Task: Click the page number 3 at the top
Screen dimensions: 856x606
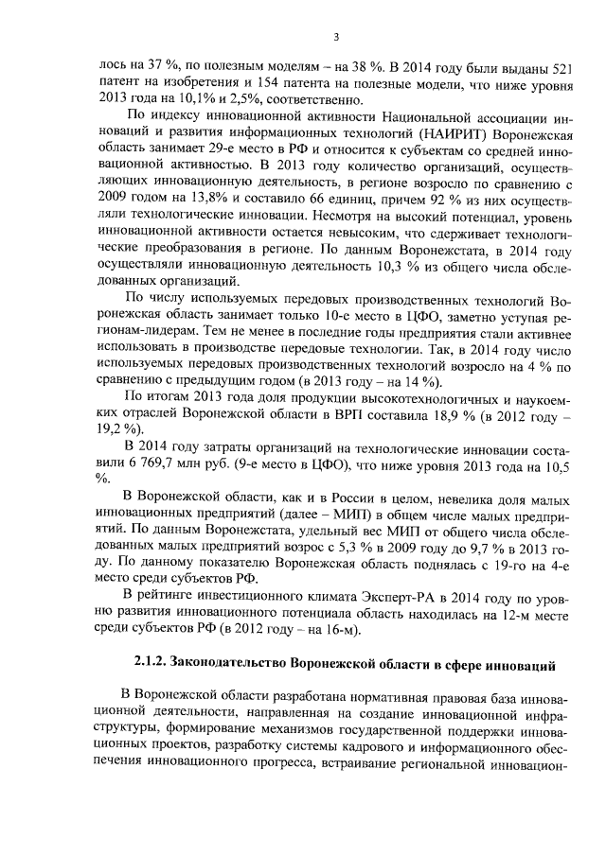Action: click(336, 37)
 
